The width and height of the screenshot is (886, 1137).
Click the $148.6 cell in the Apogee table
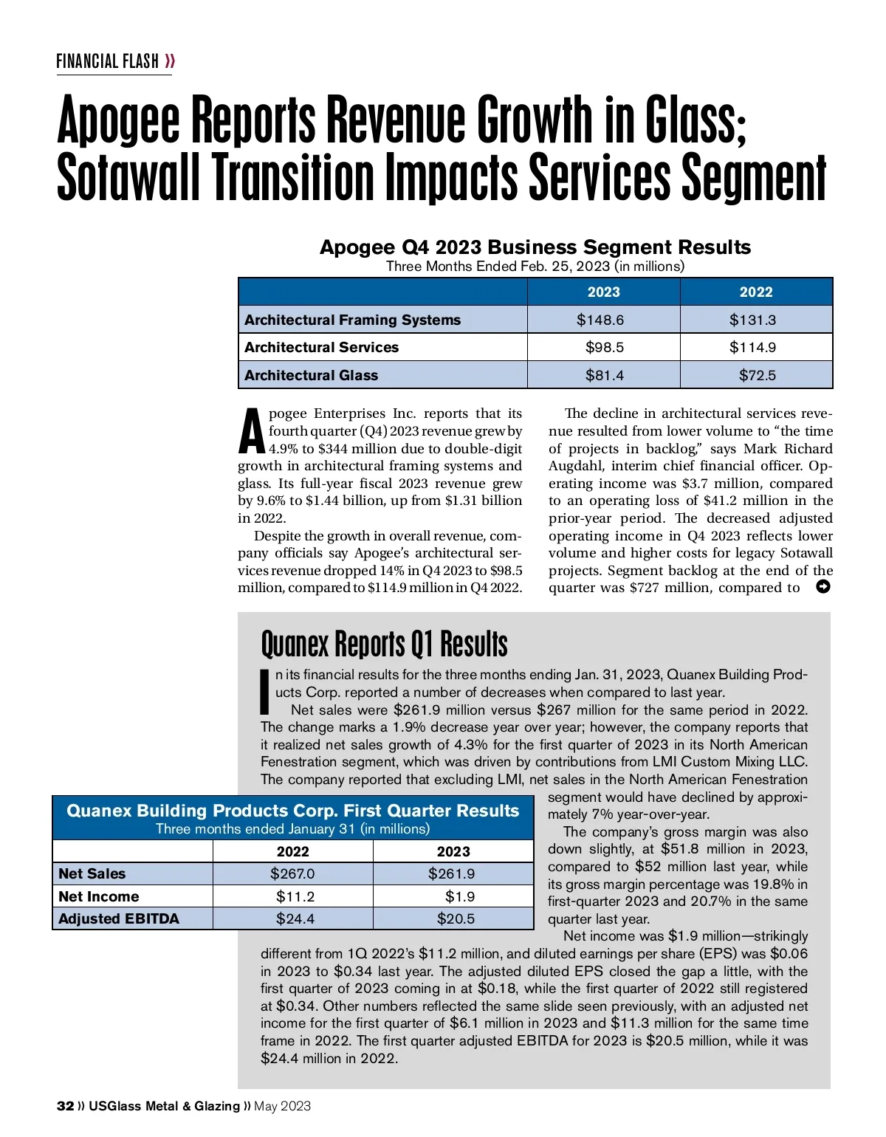tap(603, 320)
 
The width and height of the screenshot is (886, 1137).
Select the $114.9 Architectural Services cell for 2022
tap(756, 347)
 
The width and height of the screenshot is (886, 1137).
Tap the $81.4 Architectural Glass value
tap(604, 375)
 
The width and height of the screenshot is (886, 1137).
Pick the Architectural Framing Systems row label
tap(352, 320)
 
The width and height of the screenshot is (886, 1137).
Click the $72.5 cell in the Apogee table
tap(757, 375)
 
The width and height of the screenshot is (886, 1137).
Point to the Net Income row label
tap(98, 896)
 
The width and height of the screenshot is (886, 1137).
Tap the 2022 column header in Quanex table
tap(292, 851)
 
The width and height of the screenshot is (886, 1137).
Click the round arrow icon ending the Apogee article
tap(823, 587)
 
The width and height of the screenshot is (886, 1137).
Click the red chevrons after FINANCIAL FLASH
tap(171, 61)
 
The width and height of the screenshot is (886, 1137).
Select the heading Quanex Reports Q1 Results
tap(384, 644)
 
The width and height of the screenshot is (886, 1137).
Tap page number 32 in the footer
tap(65, 1106)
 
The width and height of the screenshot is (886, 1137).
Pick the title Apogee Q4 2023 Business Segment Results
tap(535, 247)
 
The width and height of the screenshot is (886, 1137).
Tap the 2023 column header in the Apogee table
tap(603, 292)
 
